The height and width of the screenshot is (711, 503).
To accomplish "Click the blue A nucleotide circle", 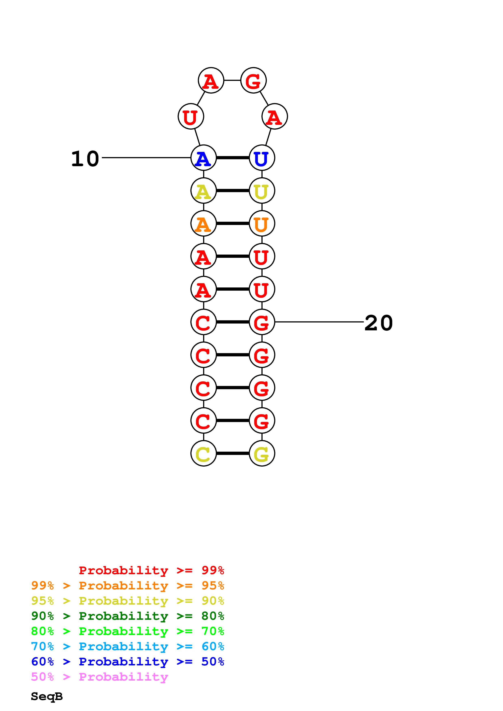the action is tap(203, 158).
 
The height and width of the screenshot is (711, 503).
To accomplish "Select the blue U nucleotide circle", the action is tap(262, 158).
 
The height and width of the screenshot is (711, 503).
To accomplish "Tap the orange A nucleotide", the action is tap(203, 223).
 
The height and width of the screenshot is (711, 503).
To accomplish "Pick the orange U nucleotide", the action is tap(262, 223).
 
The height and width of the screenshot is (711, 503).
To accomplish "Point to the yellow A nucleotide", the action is tap(203, 191).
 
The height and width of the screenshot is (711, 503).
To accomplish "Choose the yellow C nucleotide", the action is tap(203, 453).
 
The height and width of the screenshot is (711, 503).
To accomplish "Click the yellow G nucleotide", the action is tap(262, 453).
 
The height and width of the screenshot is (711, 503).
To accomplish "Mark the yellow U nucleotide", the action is tap(262, 191).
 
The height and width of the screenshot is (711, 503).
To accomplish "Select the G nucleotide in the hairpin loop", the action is tap(253, 80).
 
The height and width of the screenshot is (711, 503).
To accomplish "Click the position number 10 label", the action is tap(85, 159).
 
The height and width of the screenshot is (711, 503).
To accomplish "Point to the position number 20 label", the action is tap(378, 323).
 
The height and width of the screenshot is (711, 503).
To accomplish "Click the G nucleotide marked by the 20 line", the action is tap(262, 322).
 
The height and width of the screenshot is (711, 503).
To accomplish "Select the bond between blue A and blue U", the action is tap(233, 158).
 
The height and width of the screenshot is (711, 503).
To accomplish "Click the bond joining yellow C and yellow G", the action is tap(233, 453).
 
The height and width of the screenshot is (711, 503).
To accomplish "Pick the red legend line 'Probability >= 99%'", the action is tap(151, 570).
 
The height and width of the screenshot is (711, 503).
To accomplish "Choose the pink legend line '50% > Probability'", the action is tap(99, 677).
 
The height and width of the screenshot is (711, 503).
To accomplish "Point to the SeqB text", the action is tap(47, 697).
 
